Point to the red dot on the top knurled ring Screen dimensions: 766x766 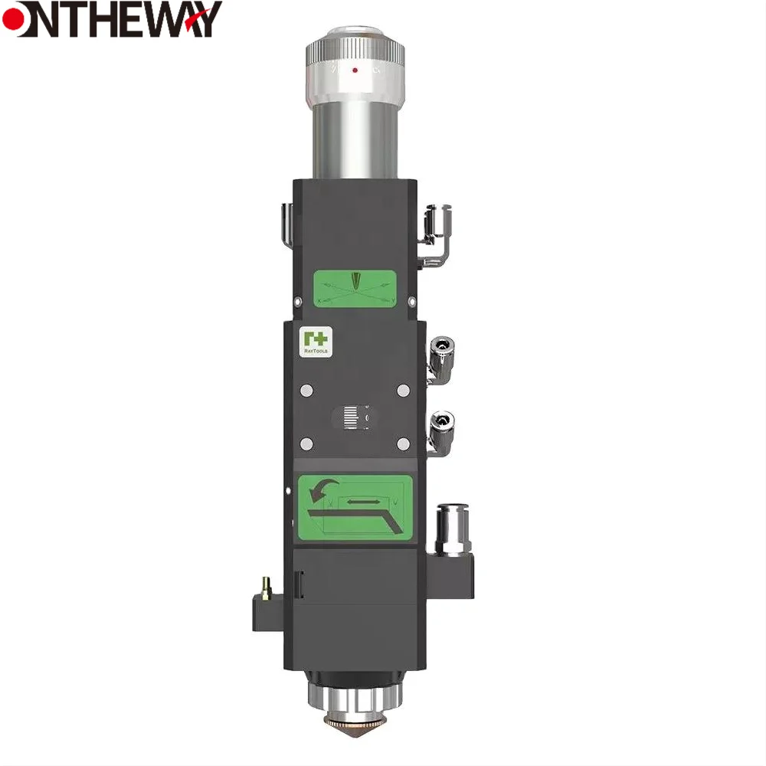[x=355, y=70]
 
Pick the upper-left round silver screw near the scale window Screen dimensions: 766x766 [x=306, y=391]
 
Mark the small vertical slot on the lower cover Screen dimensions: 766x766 [x=299, y=585]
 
